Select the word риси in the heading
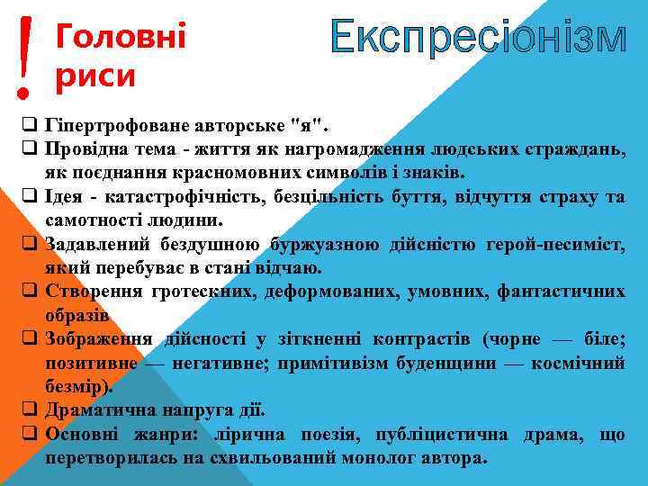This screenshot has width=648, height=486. pyautogui.click(x=94, y=76)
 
